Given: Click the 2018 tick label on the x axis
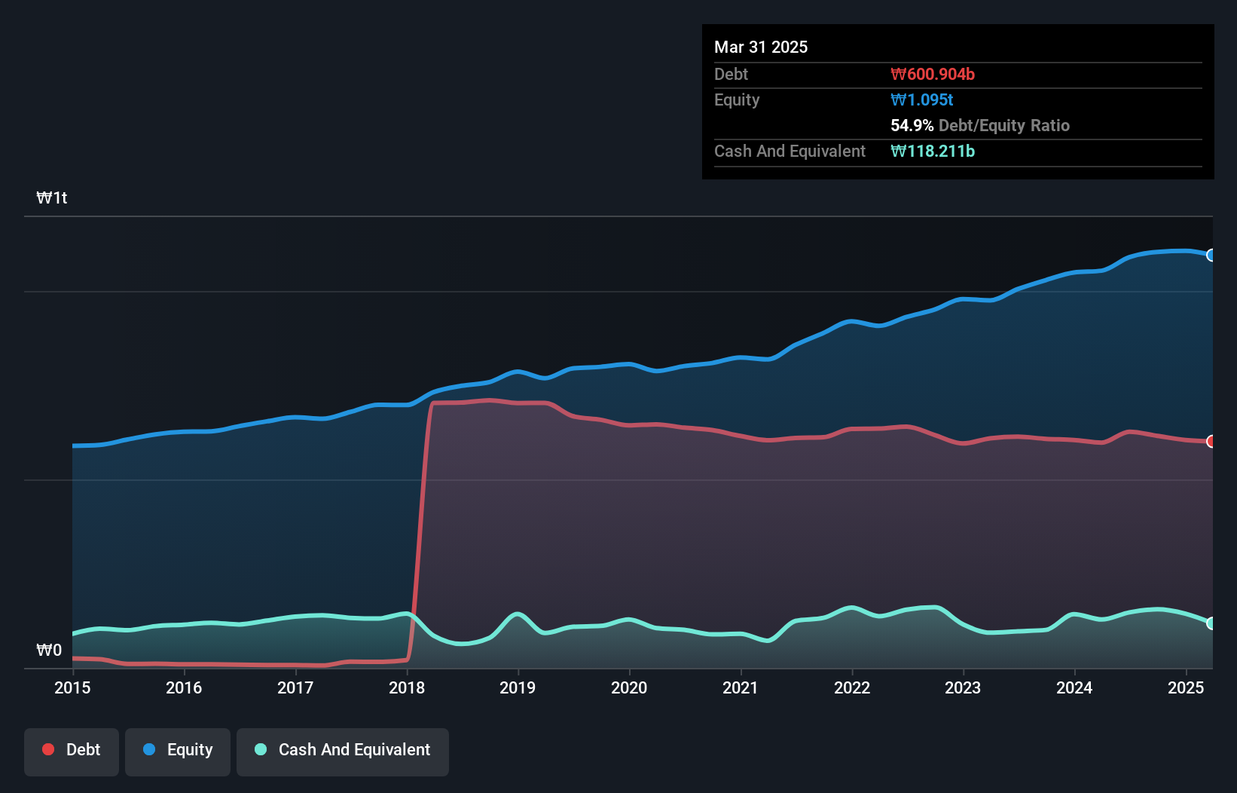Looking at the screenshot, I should (x=407, y=687).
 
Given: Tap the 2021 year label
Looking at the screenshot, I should (x=741, y=687).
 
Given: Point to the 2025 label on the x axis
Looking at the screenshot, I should (x=1186, y=687).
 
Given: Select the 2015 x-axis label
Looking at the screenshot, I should (x=72, y=687).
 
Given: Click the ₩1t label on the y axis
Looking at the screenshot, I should (x=52, y=198).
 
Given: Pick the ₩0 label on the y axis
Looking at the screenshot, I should (x=49, y=650).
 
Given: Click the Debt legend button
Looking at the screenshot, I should (x=72, y=750).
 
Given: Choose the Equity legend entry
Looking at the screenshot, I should (x=178, y=750).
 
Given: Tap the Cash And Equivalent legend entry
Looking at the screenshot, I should (x=343, y=750).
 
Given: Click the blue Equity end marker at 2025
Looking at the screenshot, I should (x=1211, y=256).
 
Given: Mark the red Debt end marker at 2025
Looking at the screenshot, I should (x=1211, y=442).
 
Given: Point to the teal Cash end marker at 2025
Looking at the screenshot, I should (x=1211, y=623).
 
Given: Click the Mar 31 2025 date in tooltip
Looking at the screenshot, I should (x=761, y=47).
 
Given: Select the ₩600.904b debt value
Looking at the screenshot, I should (x=933, y=75).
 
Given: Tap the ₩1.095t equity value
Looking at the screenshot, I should (x=922, y=100).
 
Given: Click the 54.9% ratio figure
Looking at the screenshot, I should (x=912, y=126).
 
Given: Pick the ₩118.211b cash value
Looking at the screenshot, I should (x=933, y=152).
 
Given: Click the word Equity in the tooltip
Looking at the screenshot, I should (x=737, y=100).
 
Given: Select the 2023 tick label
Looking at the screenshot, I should (x=963, y=687).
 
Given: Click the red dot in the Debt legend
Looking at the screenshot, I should (x=48, y=749).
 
